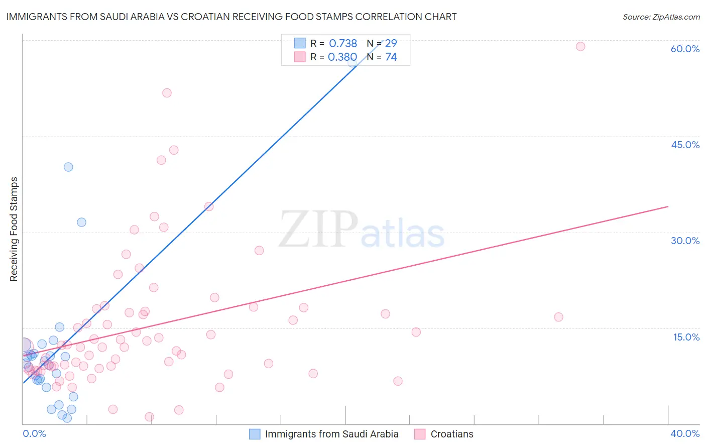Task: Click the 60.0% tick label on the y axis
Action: (685, 49)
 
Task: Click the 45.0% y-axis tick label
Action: (685, 145)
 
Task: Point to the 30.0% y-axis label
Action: (685, 241)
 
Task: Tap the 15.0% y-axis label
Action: (686, 337)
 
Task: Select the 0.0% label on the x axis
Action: (34, 433)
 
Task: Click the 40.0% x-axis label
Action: (685, 433)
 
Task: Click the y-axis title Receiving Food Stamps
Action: (14, 229)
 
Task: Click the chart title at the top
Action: (231, 17)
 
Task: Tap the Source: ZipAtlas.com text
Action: (661, 17)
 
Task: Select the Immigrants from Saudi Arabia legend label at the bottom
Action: (331, 434)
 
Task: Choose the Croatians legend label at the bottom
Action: (452, 434)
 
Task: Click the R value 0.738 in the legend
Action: (343, 44)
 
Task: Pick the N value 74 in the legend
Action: (391, 57)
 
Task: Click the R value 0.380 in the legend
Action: (342, 57)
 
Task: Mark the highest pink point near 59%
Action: (580, 47)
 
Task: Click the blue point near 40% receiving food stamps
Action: (68, 167)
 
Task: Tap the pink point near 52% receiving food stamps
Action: (167, 93)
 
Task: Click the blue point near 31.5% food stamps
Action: (81, 222)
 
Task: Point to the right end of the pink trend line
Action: (668, 206)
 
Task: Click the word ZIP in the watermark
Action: (318, 230)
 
